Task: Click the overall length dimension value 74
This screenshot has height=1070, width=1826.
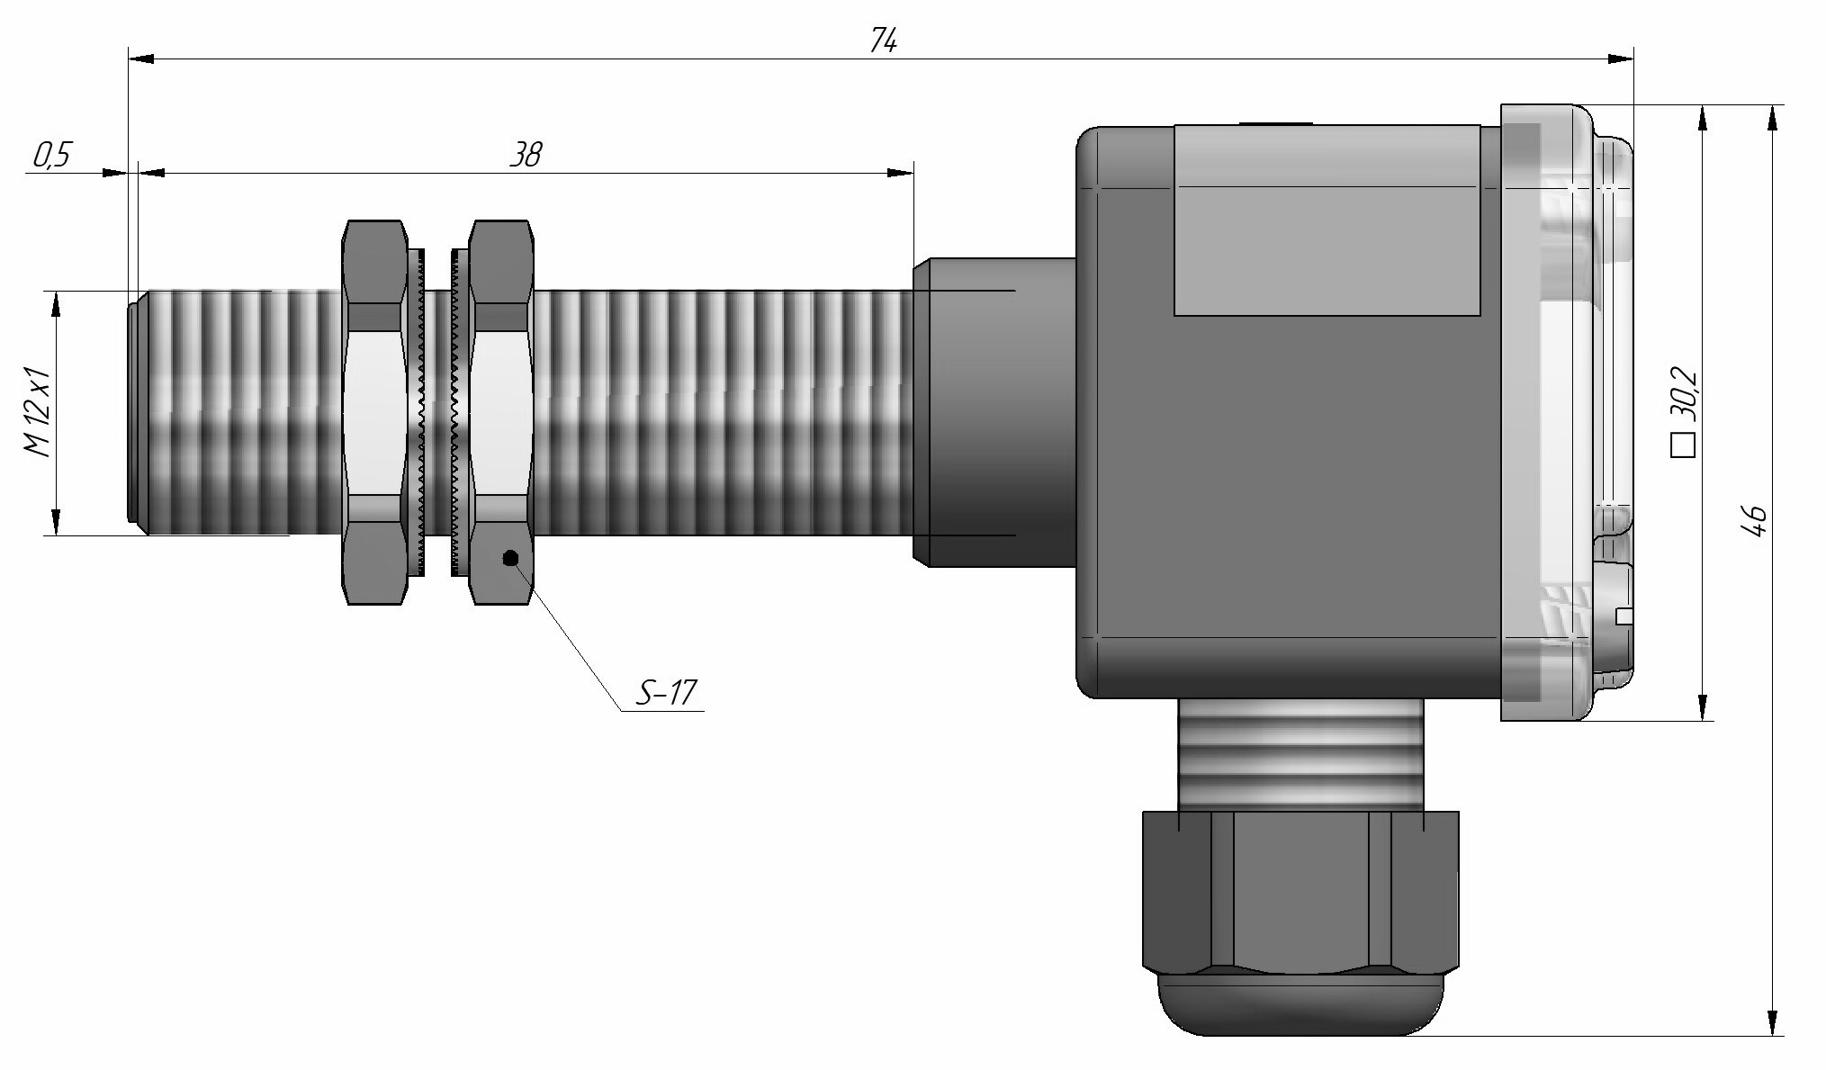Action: [x=884, y=40]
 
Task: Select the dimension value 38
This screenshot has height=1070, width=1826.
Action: [x=526, y=155]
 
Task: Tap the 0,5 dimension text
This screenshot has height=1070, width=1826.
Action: [x=52, y=156]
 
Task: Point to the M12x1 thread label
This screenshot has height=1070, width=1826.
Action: [x=39, y=413]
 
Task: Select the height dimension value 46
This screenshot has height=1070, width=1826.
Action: [x=1755, y=521]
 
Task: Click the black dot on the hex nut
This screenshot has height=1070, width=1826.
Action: [x=511, y=558]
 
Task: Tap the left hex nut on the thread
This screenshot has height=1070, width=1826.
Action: [x=374, y=412]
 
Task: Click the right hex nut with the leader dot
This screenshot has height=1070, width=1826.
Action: [x=501, y=412]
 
